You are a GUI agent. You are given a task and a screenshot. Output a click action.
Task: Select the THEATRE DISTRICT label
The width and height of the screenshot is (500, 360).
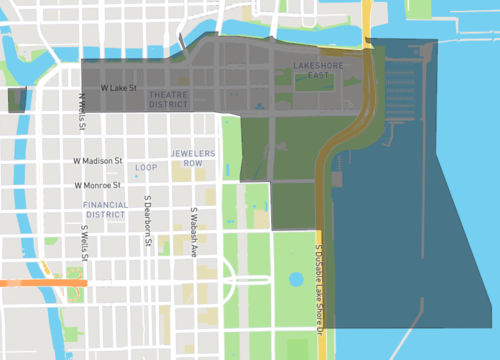tap(168, 98)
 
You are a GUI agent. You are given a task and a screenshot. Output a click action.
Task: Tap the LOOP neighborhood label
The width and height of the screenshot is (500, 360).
tap(146, 167)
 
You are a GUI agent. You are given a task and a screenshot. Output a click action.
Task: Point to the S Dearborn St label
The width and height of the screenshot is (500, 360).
tap(147, 230)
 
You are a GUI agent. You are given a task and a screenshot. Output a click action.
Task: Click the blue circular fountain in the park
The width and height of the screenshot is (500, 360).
tap(295, 280)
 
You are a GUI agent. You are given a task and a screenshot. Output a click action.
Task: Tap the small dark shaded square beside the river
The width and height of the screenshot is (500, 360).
tap(16, 99)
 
